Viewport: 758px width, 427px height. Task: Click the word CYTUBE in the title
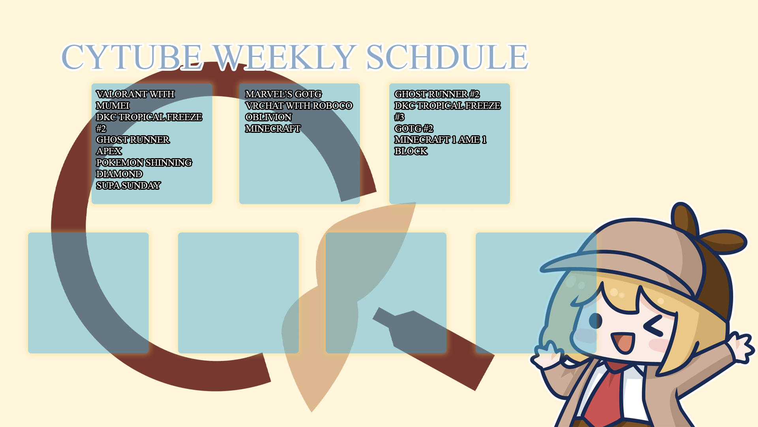[x=132, y=57]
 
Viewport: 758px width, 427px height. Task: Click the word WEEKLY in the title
[x=284, y=57]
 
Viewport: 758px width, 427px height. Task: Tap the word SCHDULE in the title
[x=447, y=57]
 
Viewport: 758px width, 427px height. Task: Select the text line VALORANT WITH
[x=135, y=94]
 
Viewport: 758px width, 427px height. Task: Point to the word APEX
[x=109, y=151]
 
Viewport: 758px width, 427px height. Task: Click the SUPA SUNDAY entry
[x=128, y=185]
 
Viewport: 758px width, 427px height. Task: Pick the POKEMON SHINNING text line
[x=144, y=162]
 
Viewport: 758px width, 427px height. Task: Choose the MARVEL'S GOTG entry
[x=283, y=94]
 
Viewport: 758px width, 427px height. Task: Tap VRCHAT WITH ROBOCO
[x=299, y=106]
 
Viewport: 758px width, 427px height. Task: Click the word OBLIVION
[x=268, y=117]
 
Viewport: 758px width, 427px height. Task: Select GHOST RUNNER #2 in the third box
[x=437, y=94]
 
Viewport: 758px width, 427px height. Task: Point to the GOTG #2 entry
[x=414, y=128]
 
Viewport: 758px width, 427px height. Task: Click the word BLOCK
[x=411, y=151]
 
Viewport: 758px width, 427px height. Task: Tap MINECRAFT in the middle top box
[x=273, y=128]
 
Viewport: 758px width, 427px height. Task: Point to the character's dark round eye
[x=595, y=321]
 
